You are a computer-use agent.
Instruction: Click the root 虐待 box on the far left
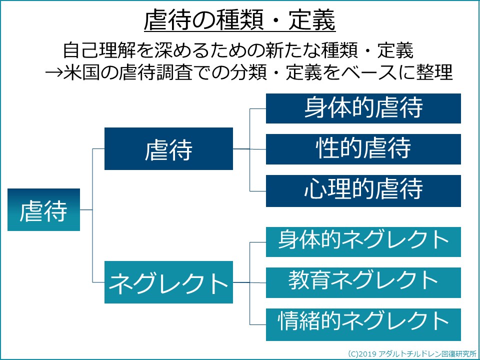click(44, 209)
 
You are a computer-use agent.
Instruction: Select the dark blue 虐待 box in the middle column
click(168, 149)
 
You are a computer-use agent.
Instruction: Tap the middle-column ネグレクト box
click(168, 282)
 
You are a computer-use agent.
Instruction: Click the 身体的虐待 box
click(363, 108)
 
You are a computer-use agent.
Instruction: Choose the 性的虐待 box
click(363, 149)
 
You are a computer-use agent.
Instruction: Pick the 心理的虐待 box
click(363, 191)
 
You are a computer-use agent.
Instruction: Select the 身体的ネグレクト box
click(363, 242)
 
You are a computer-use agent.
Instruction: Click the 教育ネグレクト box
click(363, 282)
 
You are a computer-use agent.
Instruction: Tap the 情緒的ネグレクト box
click(363, 324)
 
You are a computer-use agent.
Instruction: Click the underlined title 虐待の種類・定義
click(240, 20)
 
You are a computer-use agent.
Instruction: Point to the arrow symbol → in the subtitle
click(54, 73)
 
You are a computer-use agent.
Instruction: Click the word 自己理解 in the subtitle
click(99, 50)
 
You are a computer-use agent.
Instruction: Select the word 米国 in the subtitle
click(81, 73)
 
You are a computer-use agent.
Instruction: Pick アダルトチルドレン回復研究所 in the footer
click(427, 354)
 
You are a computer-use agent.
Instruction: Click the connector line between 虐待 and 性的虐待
click(249, 149)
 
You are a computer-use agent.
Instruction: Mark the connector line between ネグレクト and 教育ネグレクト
click(249, 282)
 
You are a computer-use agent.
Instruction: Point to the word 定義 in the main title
click(312, 20)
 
